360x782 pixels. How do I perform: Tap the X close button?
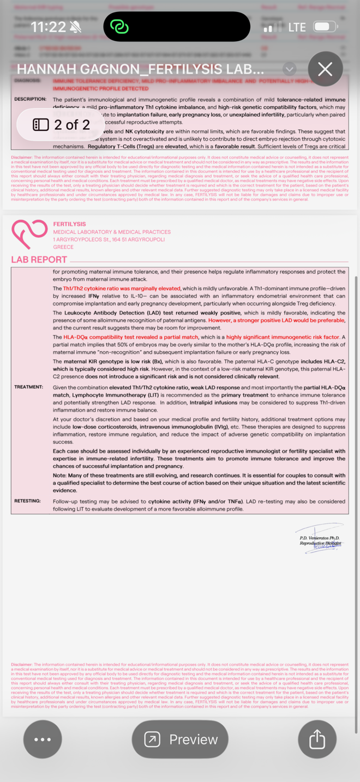click(325, 69)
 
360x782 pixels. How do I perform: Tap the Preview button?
click(180, 739)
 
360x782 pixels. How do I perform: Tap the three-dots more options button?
click(43, 739)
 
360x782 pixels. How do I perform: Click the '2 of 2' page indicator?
click(62, 125)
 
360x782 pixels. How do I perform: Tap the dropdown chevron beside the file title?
click(290, 69)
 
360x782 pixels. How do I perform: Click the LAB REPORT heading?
click(39, 260)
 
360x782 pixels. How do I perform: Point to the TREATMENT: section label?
click(28, 387)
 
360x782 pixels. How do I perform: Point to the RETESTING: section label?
click(28, 501)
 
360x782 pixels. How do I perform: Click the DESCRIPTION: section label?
click(30, 100)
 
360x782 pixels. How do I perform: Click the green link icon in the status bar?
click(118, 27)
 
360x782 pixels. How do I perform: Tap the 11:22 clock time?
click(49, 27)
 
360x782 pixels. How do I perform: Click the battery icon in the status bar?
click(325, 27)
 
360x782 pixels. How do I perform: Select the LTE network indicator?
click(297, 27)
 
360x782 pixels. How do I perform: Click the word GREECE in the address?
click(63, 246)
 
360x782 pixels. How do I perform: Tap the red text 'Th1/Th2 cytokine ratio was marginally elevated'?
click(122, 288)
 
